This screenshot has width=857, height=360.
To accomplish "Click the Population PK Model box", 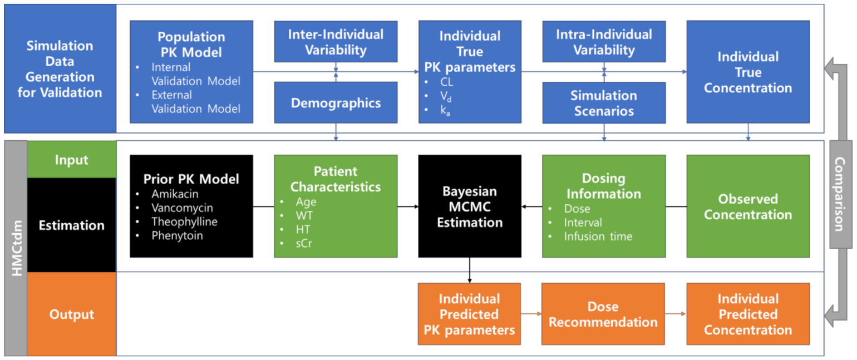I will click(191, 72).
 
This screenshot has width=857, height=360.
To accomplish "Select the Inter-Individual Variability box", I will click(336, 42).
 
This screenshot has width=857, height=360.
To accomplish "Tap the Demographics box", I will click(336, 103).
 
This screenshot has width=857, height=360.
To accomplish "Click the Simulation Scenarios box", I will click(604, 103).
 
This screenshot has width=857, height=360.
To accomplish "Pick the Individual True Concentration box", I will click(747, 72).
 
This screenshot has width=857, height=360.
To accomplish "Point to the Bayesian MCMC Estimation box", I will click(470, 206).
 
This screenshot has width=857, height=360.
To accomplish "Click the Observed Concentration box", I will click(747, 206).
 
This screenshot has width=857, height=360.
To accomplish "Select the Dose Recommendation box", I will click(603, 314).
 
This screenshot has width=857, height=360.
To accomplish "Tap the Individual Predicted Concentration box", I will click(747, 314).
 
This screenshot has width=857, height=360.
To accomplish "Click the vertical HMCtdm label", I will click(15, 248).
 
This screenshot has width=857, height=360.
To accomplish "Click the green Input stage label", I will click(71, 160).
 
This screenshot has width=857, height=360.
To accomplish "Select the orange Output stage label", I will click(71, 314).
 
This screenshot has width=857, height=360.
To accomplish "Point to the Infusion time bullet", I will click(598, 236).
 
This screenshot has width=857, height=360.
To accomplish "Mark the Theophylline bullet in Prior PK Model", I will click(184, 222).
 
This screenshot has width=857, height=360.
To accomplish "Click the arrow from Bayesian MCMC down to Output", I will click(470, 270).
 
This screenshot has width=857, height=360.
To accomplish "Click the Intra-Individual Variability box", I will click(604, 42).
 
